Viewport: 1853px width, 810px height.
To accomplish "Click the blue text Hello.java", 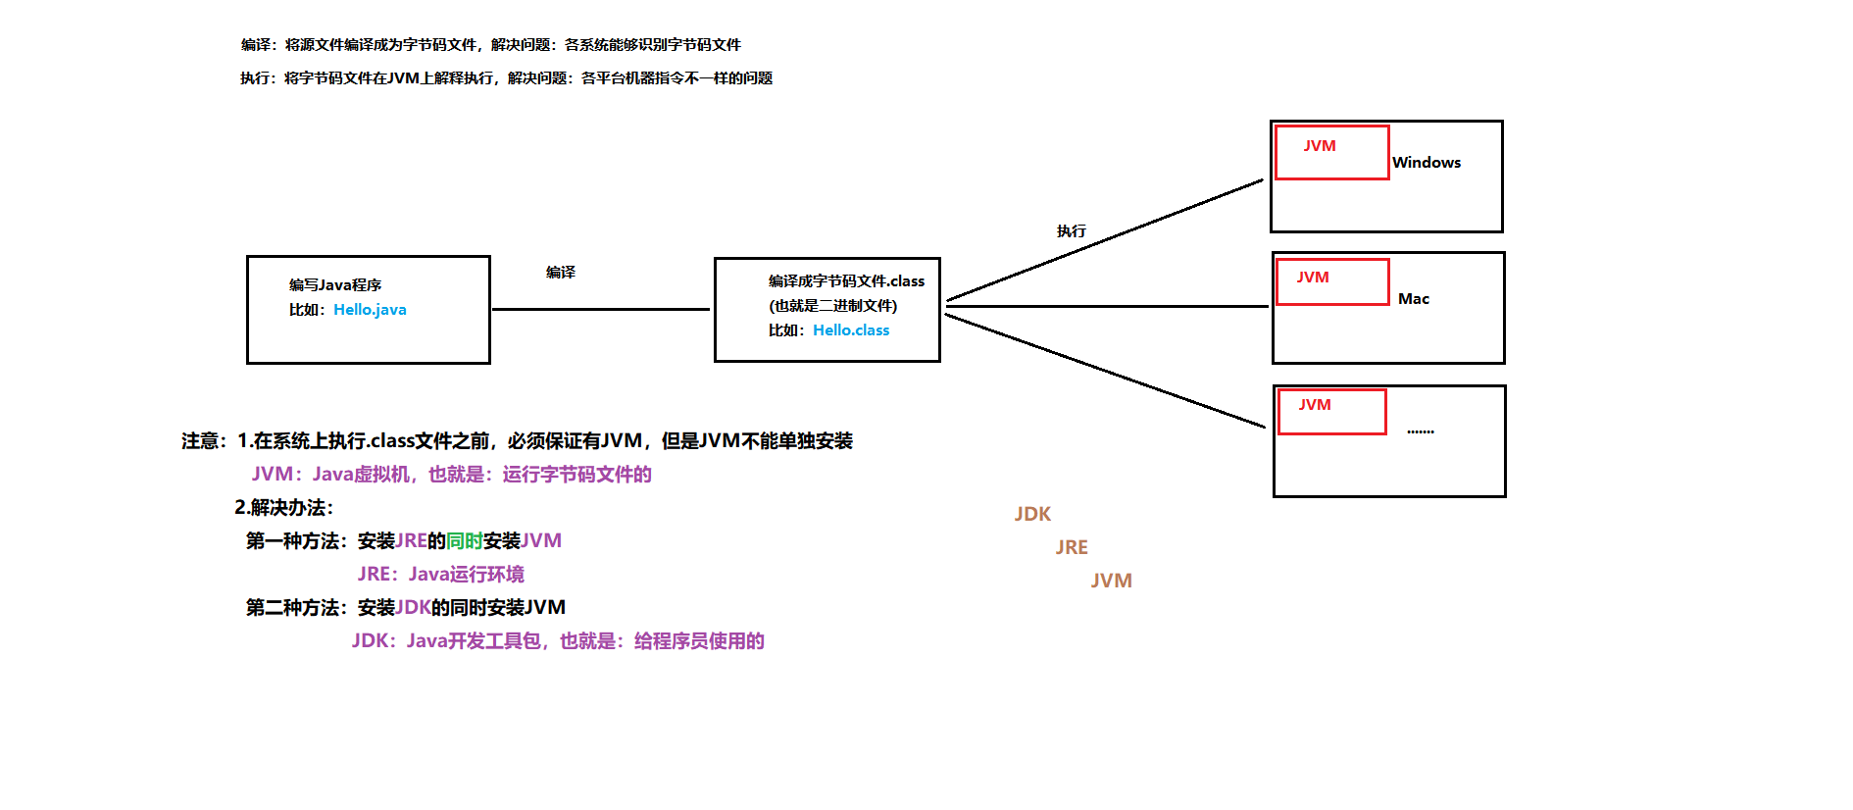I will coord(370,310).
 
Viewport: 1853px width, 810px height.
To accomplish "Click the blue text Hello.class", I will coord(851,330).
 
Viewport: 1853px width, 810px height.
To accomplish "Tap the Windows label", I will coord(1426,163).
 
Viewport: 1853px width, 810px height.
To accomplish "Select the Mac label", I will coord(1413,299).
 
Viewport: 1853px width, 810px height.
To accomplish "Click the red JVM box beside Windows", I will coord(1331,153).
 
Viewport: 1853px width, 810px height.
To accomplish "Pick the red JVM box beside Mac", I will coord(1332,282).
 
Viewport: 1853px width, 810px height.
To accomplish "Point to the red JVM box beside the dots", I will coord(1331,412).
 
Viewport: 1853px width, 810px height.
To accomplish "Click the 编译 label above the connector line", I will coord(561,273).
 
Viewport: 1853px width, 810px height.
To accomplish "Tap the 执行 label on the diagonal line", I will coord(1071,231).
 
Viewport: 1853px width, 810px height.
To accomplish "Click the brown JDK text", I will coord(1032,514).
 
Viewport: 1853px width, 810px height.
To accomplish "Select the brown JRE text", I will coord(1072,547).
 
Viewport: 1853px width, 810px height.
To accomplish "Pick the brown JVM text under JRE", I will coord(1111,581).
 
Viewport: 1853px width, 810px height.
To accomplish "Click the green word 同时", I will coord(464,541).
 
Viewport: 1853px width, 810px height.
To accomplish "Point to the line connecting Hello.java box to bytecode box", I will coord(600,309).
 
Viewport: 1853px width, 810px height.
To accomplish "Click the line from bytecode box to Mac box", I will coord(1108,306).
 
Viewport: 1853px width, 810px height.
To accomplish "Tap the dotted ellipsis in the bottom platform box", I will coord(1420,431).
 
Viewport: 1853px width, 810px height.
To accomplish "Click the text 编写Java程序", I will coord(335,285).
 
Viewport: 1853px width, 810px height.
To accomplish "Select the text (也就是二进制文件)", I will coord(832,306).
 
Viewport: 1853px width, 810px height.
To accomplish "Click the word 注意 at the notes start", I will coord(200,441).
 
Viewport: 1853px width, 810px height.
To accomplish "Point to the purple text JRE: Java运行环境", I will coord(440,575).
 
